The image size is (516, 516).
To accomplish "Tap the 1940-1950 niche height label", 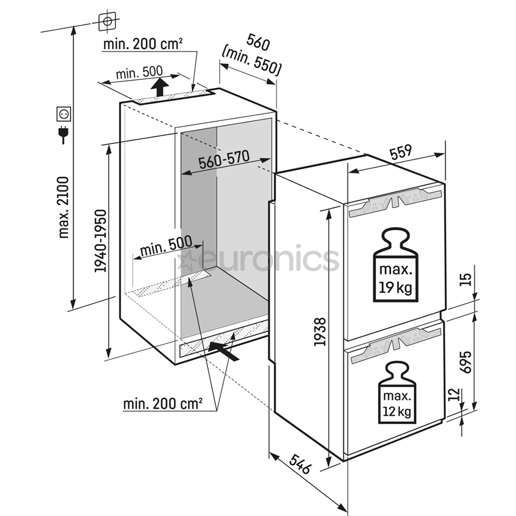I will pos(101,241).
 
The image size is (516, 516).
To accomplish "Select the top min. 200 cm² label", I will pos(142,44).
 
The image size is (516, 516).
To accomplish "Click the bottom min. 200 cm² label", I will pos(162,404).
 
